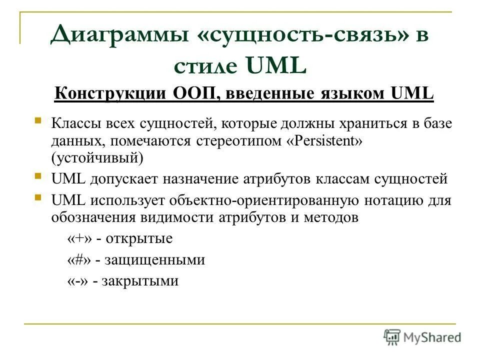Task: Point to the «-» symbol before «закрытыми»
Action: tap(77, 280)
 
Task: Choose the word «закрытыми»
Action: tap(140, 280)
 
